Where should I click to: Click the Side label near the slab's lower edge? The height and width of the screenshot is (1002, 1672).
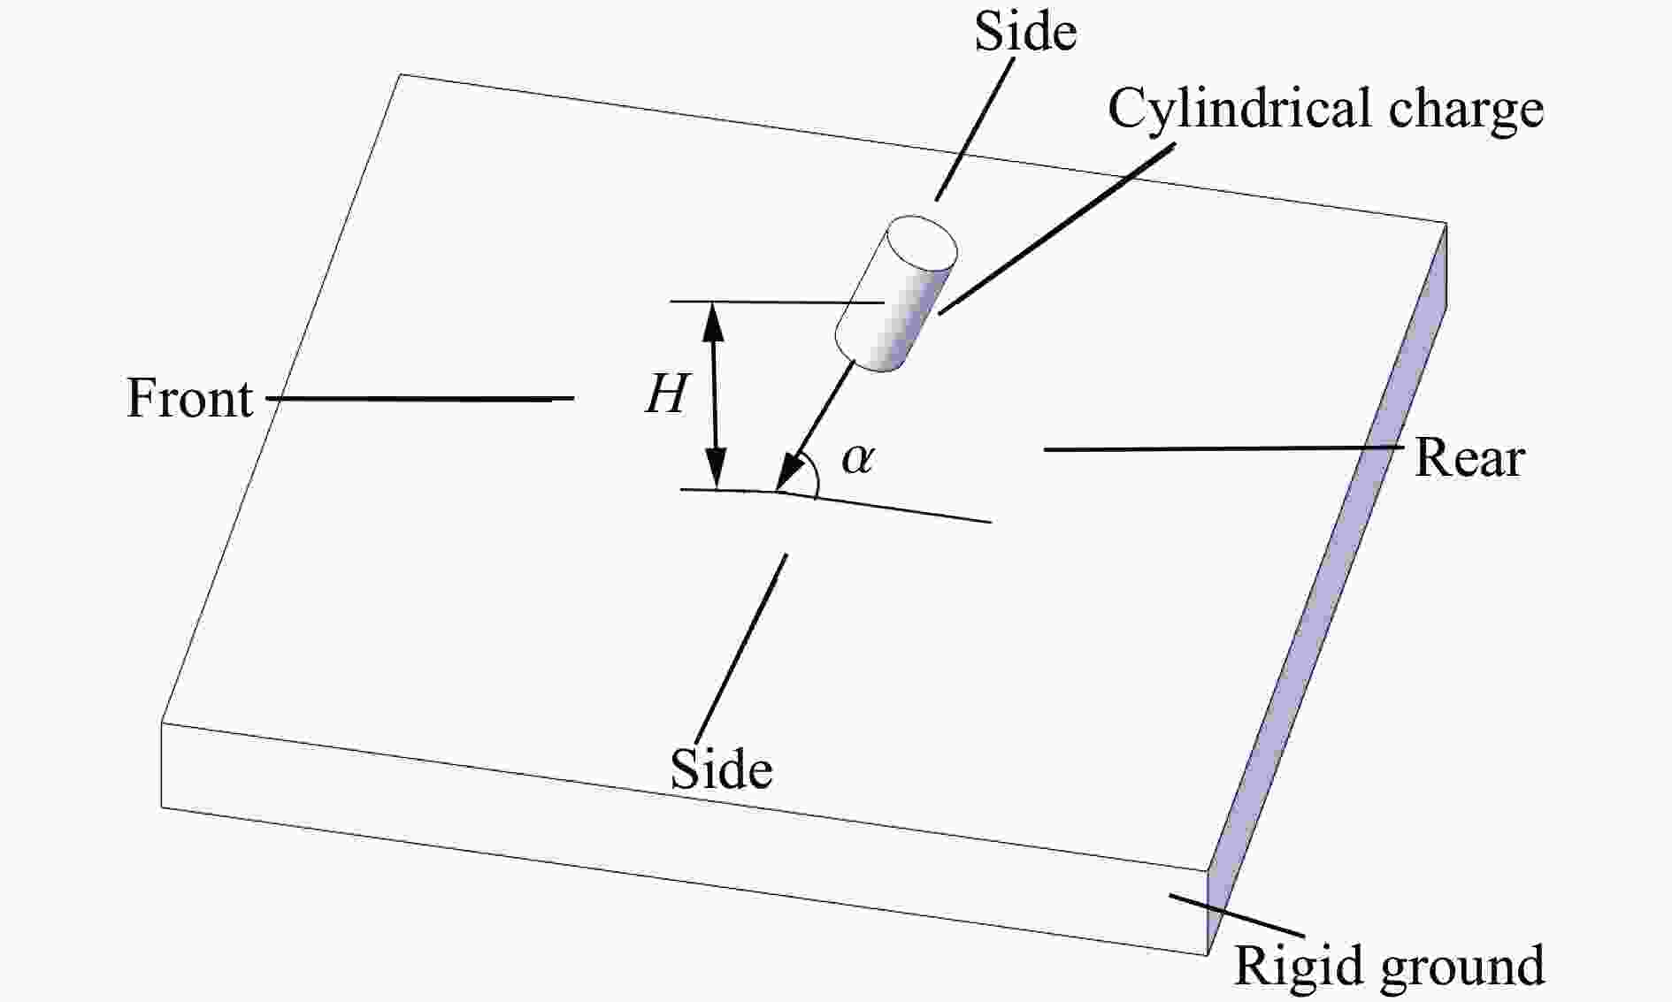point(721,769)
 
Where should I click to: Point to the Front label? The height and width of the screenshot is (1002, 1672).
point(190,398)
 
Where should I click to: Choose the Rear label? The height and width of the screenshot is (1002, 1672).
point(1469,458)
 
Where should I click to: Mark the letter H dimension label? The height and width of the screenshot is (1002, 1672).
point(666,394)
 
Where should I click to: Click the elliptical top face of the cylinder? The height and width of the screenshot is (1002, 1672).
point(923,242)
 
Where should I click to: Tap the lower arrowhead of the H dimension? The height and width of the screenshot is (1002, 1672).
point(716,469)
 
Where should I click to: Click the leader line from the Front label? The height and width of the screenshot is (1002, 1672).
point(420,399)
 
